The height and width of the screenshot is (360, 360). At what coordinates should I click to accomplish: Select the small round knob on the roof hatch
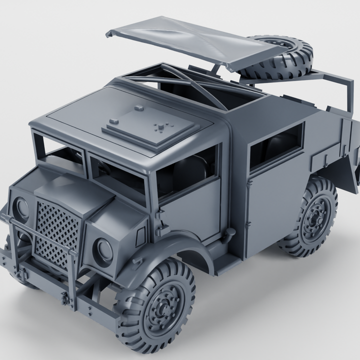[x=138, y=107]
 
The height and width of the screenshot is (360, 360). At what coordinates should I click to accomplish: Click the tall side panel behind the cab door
[x=270, y=200]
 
